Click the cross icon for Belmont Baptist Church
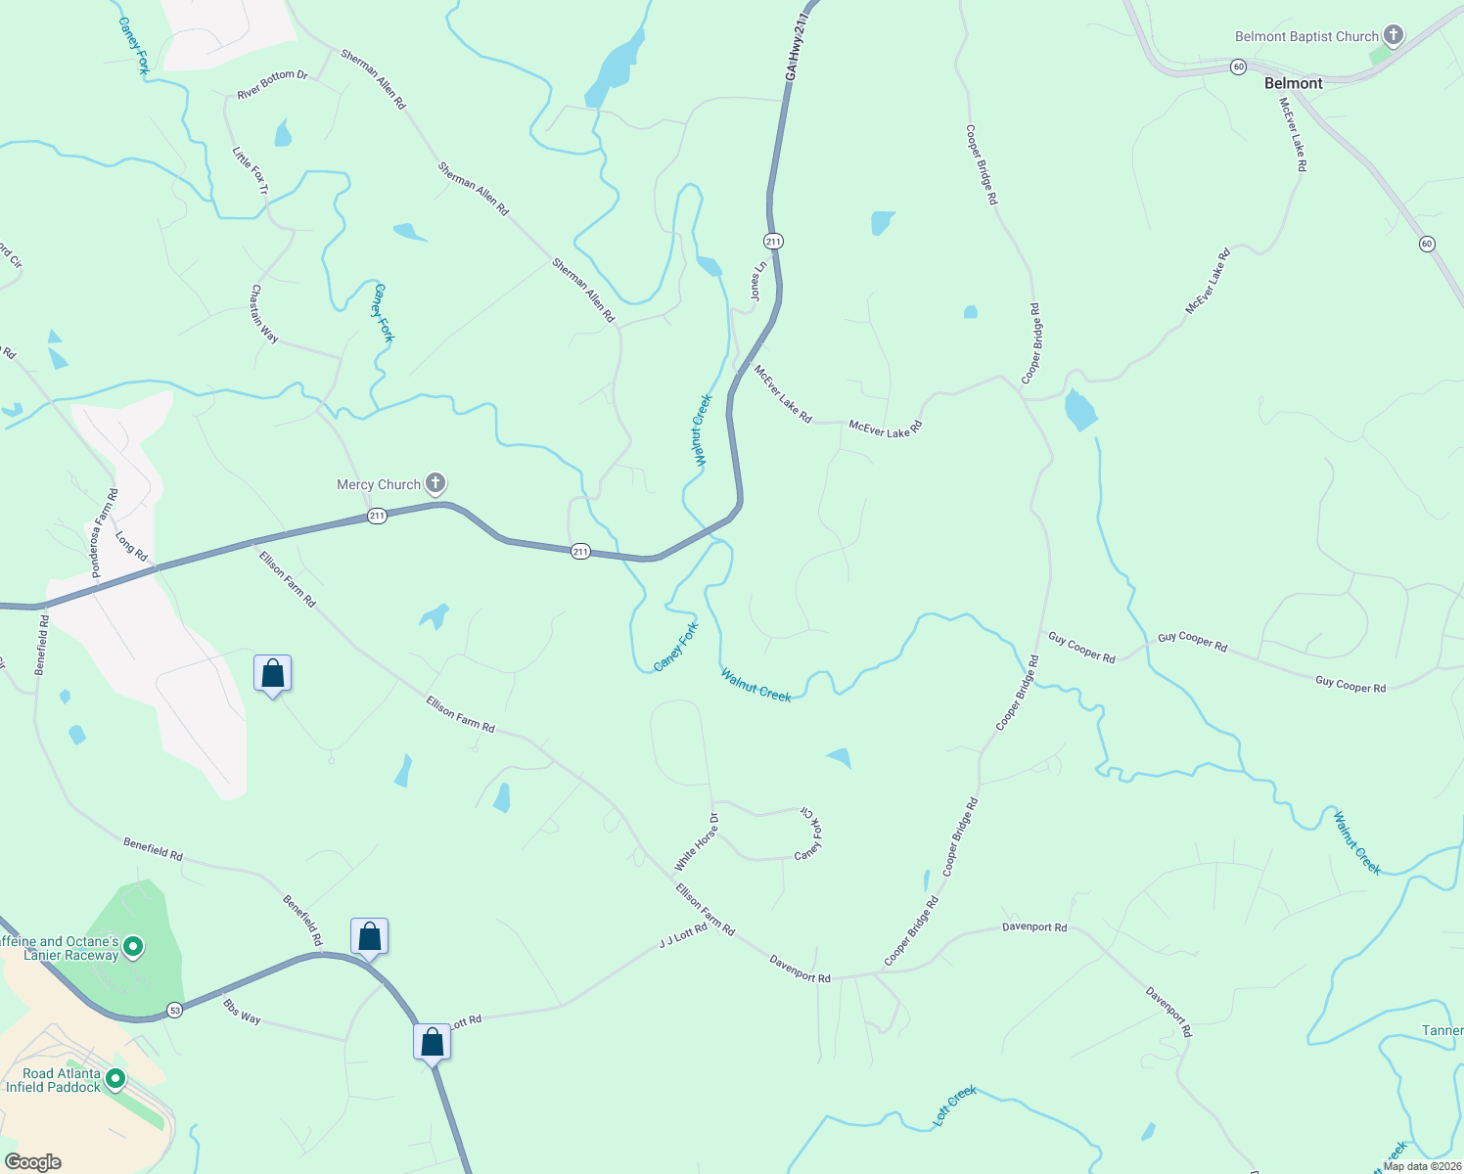[x=1393, y=37]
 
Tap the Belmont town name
[x=1293, y=83]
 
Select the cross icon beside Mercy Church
[x=435, y=483]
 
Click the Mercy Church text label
[x=378, y=484]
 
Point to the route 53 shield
[x=174, y=1010]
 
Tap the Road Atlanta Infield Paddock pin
[x=115, y=1079]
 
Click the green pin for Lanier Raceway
[x=133, y=947]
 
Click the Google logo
[x=32, y=1162]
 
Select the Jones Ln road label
[x=756, y=281]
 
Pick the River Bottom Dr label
[x=272, y=85]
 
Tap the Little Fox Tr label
[x=250, y=170]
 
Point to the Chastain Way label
[x=264, y=314]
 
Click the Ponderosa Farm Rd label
[x=104, y=533]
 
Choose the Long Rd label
[x=131, y=547]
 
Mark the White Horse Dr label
[x=697, y=842]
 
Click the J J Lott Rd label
[x=683, y=936]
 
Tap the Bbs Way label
[x=242, y=1013]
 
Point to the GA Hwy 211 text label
[x=800, y=46]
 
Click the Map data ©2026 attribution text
[x=1422, y=1166]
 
